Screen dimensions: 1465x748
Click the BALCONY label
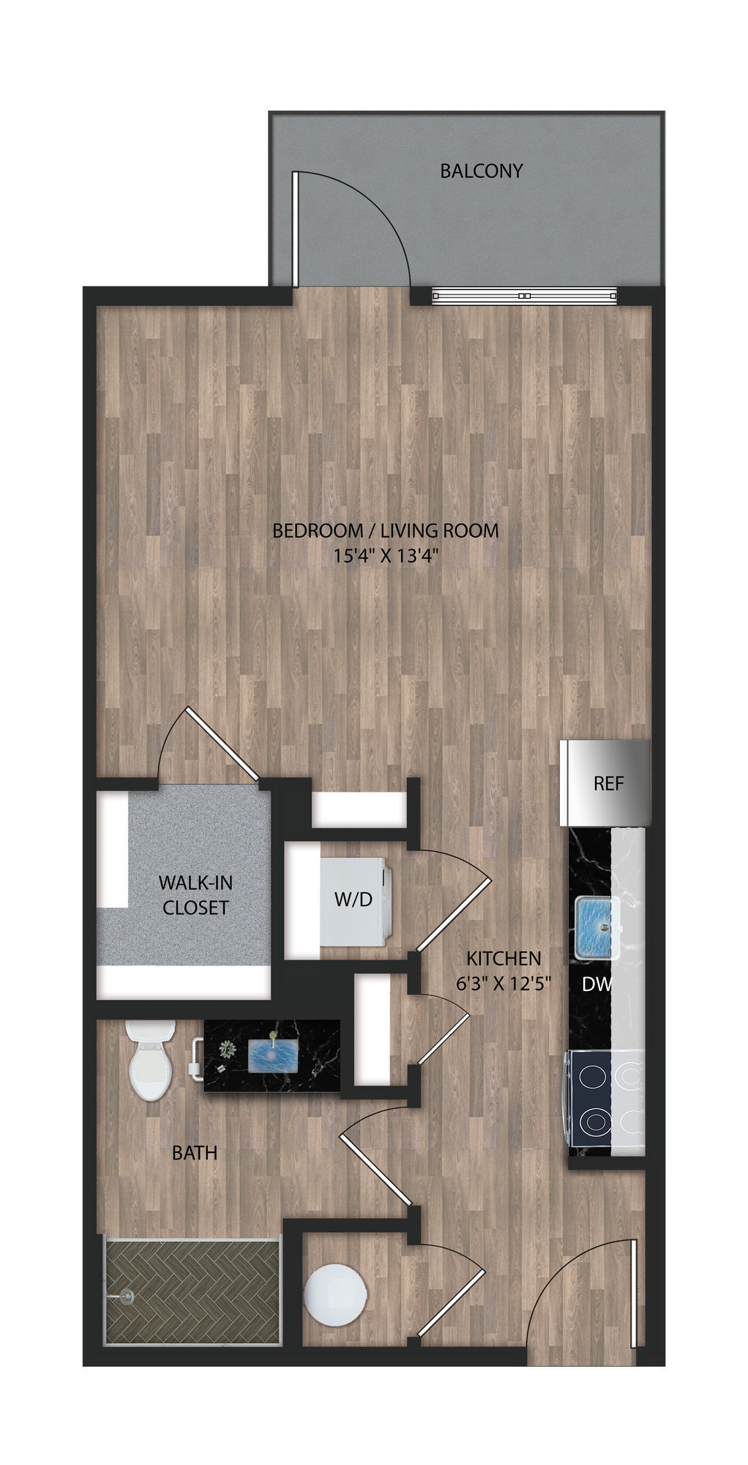[481, 171]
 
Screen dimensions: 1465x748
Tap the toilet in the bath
[149, 1061]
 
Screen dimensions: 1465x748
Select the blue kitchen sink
[596, 926]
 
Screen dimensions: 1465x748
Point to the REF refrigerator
[607, 783]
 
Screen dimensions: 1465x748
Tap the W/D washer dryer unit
[354, 900]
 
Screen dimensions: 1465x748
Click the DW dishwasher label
[596, 985]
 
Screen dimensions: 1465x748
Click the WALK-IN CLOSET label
[195, 895]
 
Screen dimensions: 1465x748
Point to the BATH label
[195, 1152]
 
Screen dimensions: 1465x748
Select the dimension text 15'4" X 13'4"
[386, 555]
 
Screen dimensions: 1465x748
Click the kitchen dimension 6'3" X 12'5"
[504, 984]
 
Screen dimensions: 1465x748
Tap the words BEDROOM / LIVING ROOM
[385, 530]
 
